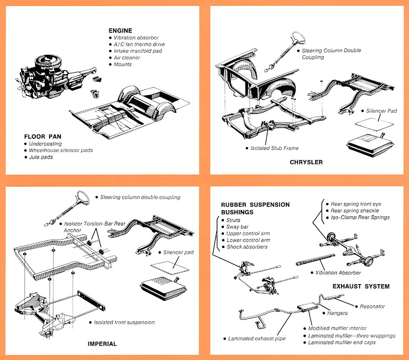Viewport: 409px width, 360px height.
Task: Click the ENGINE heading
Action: tap(120, 30)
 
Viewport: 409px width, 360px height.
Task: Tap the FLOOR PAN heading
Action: tap(43, 137)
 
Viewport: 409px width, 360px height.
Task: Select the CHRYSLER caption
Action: tap(306, 162)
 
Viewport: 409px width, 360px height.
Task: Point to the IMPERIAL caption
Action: tap(102, 344)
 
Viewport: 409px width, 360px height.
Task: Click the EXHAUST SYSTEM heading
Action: tap(361, 286)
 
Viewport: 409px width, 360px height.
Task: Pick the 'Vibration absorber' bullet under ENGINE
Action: tap(136, 38)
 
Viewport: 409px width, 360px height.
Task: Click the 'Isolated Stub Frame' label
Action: tap(274, 148)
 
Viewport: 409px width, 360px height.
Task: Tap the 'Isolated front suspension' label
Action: tap(124, 322)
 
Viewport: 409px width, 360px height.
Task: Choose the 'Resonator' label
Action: tap(372, 307)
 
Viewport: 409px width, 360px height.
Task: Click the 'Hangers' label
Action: tap(338, 313)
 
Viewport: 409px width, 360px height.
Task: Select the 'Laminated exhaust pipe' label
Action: tap(257, 339)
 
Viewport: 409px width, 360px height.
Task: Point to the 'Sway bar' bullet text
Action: tap(237, 227)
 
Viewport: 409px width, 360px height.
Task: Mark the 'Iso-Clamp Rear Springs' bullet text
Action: tap(360, 217)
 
